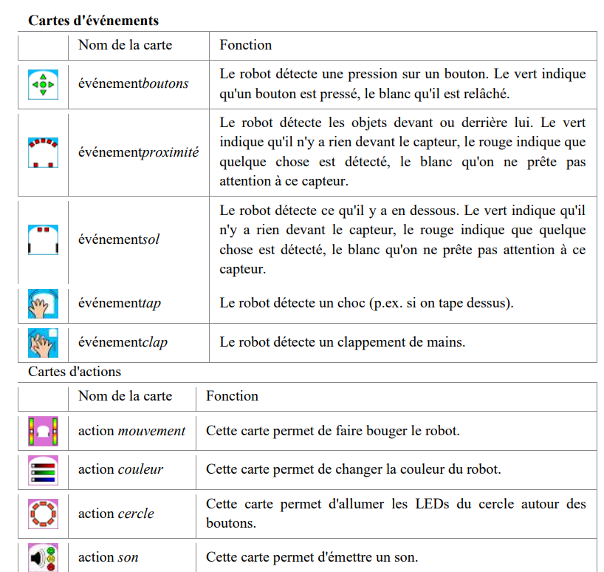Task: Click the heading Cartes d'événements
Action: click(93, 20)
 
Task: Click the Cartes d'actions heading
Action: click(75, 372)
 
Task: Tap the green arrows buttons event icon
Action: click(43, 84)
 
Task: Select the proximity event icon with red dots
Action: click(43, 152)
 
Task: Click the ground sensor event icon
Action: click(43, 239)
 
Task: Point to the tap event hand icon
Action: click(43, 303)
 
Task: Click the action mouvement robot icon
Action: click(43, 431)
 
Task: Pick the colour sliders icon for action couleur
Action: click(43, 469)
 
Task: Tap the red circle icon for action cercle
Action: click(43, 514)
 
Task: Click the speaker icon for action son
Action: click(43, 558)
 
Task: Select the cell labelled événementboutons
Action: click(134, 84)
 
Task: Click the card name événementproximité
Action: click(139, 153)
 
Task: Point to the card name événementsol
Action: click(119, 239)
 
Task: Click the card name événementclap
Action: click(123, 343)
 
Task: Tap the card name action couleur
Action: click(120, 469)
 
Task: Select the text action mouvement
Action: click(131, 431)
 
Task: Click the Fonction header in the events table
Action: click(245, 45)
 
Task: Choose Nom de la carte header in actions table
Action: click(125, 396)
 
